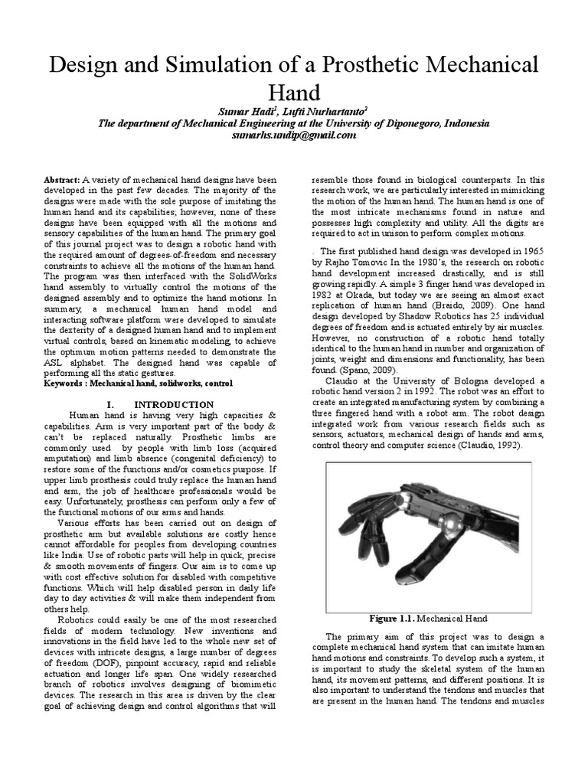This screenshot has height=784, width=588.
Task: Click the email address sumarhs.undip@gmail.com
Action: tap(294, 135)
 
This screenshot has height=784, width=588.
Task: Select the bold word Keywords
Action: tap(66, 382)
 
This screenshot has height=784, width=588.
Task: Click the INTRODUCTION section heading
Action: tap(174, 403)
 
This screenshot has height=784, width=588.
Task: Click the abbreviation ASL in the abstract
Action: tap(57, 361)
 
